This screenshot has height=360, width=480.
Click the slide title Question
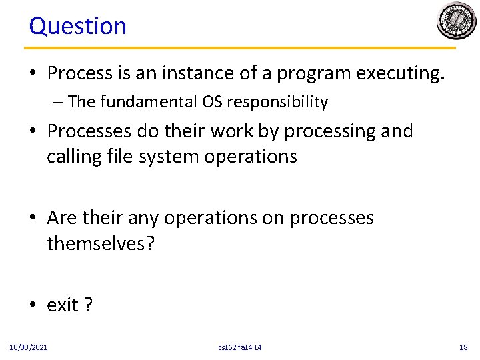77,26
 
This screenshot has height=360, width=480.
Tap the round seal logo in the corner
456,21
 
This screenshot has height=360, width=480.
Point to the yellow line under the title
240,48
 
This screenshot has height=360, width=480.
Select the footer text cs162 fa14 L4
240,347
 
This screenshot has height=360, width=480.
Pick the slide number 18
464,347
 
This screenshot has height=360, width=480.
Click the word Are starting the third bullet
62,218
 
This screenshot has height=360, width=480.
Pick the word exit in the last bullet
63,305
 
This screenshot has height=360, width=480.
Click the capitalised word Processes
91,131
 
